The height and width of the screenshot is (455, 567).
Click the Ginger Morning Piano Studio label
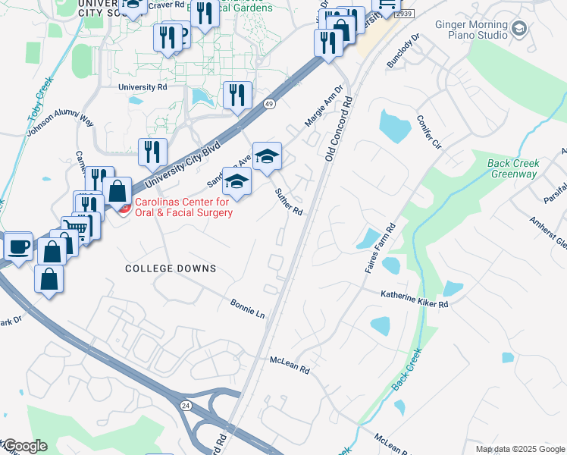(471, 30)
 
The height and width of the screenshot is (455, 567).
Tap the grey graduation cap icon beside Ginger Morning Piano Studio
(518, 30)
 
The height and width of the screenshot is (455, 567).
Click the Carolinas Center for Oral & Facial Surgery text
(183, 207)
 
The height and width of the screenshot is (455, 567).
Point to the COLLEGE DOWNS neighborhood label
(171, 268)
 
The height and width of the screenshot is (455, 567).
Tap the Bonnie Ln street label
(248, 308)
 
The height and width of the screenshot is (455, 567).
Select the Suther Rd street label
(289, 202)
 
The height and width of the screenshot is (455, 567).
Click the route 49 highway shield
(269, 103)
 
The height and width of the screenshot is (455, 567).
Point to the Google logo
(25, 445)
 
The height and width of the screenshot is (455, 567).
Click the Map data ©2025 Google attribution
(519, 449)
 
